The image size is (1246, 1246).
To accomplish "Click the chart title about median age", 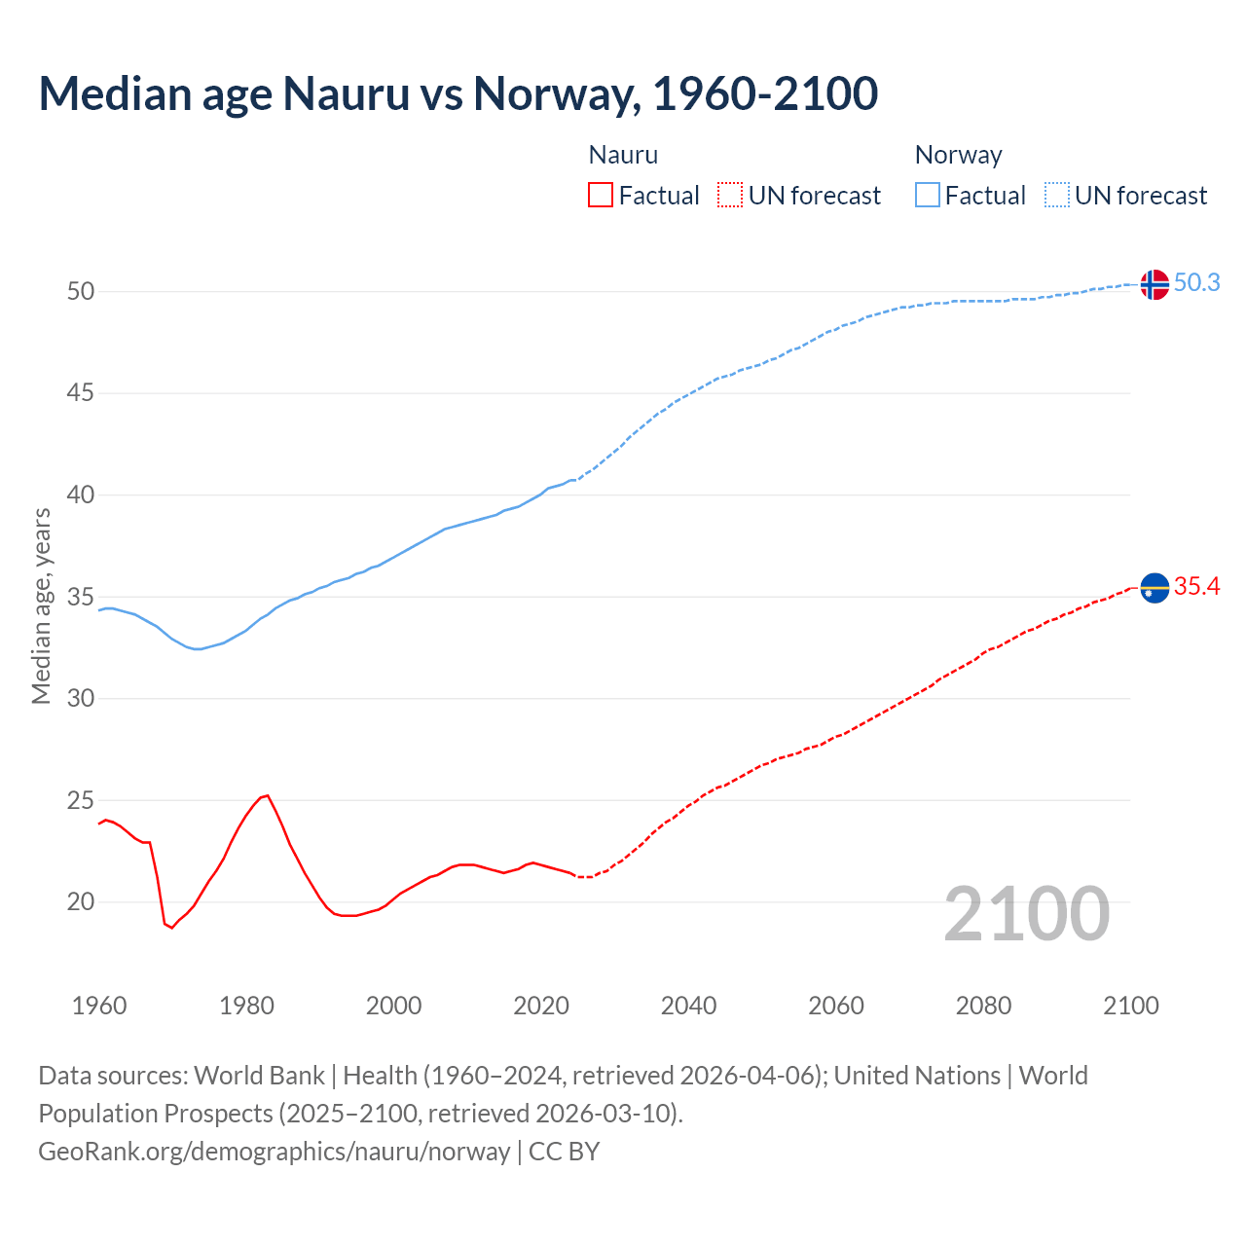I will pyautogui.click(x=458, y=93).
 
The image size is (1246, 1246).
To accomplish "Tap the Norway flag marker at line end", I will pyautogui.click(x=1154, y=284).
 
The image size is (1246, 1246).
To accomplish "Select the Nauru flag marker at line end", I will pyautogui.click(x=1154, y=588).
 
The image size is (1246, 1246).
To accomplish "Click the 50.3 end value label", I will pyautogui.click(x=1196, y=282).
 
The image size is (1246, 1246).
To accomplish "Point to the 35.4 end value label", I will pyautogui.click(x=1196, y=586).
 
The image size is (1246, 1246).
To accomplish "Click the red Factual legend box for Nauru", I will pyautogui.click(x=601, y=196).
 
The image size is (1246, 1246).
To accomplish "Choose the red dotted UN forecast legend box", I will pyautogui.click(x=730, y=196).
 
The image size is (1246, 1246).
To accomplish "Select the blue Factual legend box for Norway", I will pyautogui.click(x=927, y=196).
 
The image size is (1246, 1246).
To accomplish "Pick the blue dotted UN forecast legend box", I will pyautogui.click(x=1056, y=196).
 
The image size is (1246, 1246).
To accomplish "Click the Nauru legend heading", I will pyautogui.click(x=623, y=155).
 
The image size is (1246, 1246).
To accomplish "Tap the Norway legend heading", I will pyautogui.click(x=958, y=155).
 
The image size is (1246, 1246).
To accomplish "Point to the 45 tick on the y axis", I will pyautogui.click(x=81, y=393).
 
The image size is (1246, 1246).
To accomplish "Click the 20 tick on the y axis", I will pyautogui.click(x=81, y=902).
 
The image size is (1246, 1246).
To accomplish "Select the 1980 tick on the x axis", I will pyautogui.click(x=246, y=1006).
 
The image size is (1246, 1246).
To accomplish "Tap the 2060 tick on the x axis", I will pyautogui.click(x=836, y=1006).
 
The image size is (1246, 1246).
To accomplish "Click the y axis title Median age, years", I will pyautogui.click(x=41, y=605).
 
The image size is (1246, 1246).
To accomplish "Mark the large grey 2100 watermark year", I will pyautogui.click(x=1027, y=913).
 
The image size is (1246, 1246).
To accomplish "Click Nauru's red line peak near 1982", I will pyautogui.click(x=267, y=795).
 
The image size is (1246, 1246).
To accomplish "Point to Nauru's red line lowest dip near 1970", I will pyautogui.click(x=171, y=928).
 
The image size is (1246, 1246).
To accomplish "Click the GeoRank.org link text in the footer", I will pyautogui.click(x=274, y=1152).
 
